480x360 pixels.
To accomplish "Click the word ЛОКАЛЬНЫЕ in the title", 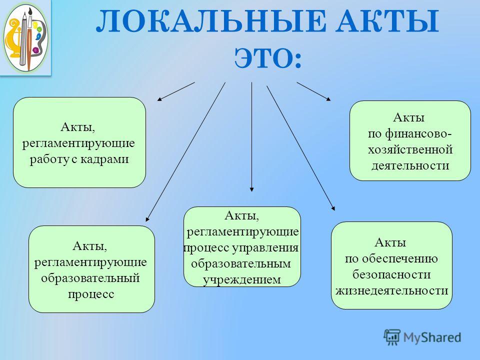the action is coord(211,21).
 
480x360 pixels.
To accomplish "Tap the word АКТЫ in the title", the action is coord(387,21).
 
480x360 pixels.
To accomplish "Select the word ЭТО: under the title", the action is coord(268,58).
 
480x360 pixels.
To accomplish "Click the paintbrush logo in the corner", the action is coord(25,37).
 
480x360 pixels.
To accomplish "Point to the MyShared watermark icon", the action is coord(392,337).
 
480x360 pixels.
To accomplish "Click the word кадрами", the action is coord(104,159).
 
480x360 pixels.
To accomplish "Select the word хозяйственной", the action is coord(410,149).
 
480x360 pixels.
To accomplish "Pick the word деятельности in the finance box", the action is coord(410,165).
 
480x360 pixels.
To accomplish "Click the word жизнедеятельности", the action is coord(392,290).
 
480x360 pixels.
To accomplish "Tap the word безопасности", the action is coord(391,274).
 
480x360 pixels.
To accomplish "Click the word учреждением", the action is coord(242,280).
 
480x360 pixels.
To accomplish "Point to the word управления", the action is coord(265,247).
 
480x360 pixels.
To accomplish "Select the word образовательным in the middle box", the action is coord(241,263).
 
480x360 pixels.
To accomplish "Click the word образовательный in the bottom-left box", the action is coord(90,278).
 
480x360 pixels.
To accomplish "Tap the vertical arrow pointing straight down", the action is coord(251,137).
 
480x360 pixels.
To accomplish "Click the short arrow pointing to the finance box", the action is coord(314,91).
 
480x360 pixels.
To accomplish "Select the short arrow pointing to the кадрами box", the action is coord(176,91).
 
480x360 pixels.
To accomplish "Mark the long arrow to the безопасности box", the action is coord(301,148).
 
